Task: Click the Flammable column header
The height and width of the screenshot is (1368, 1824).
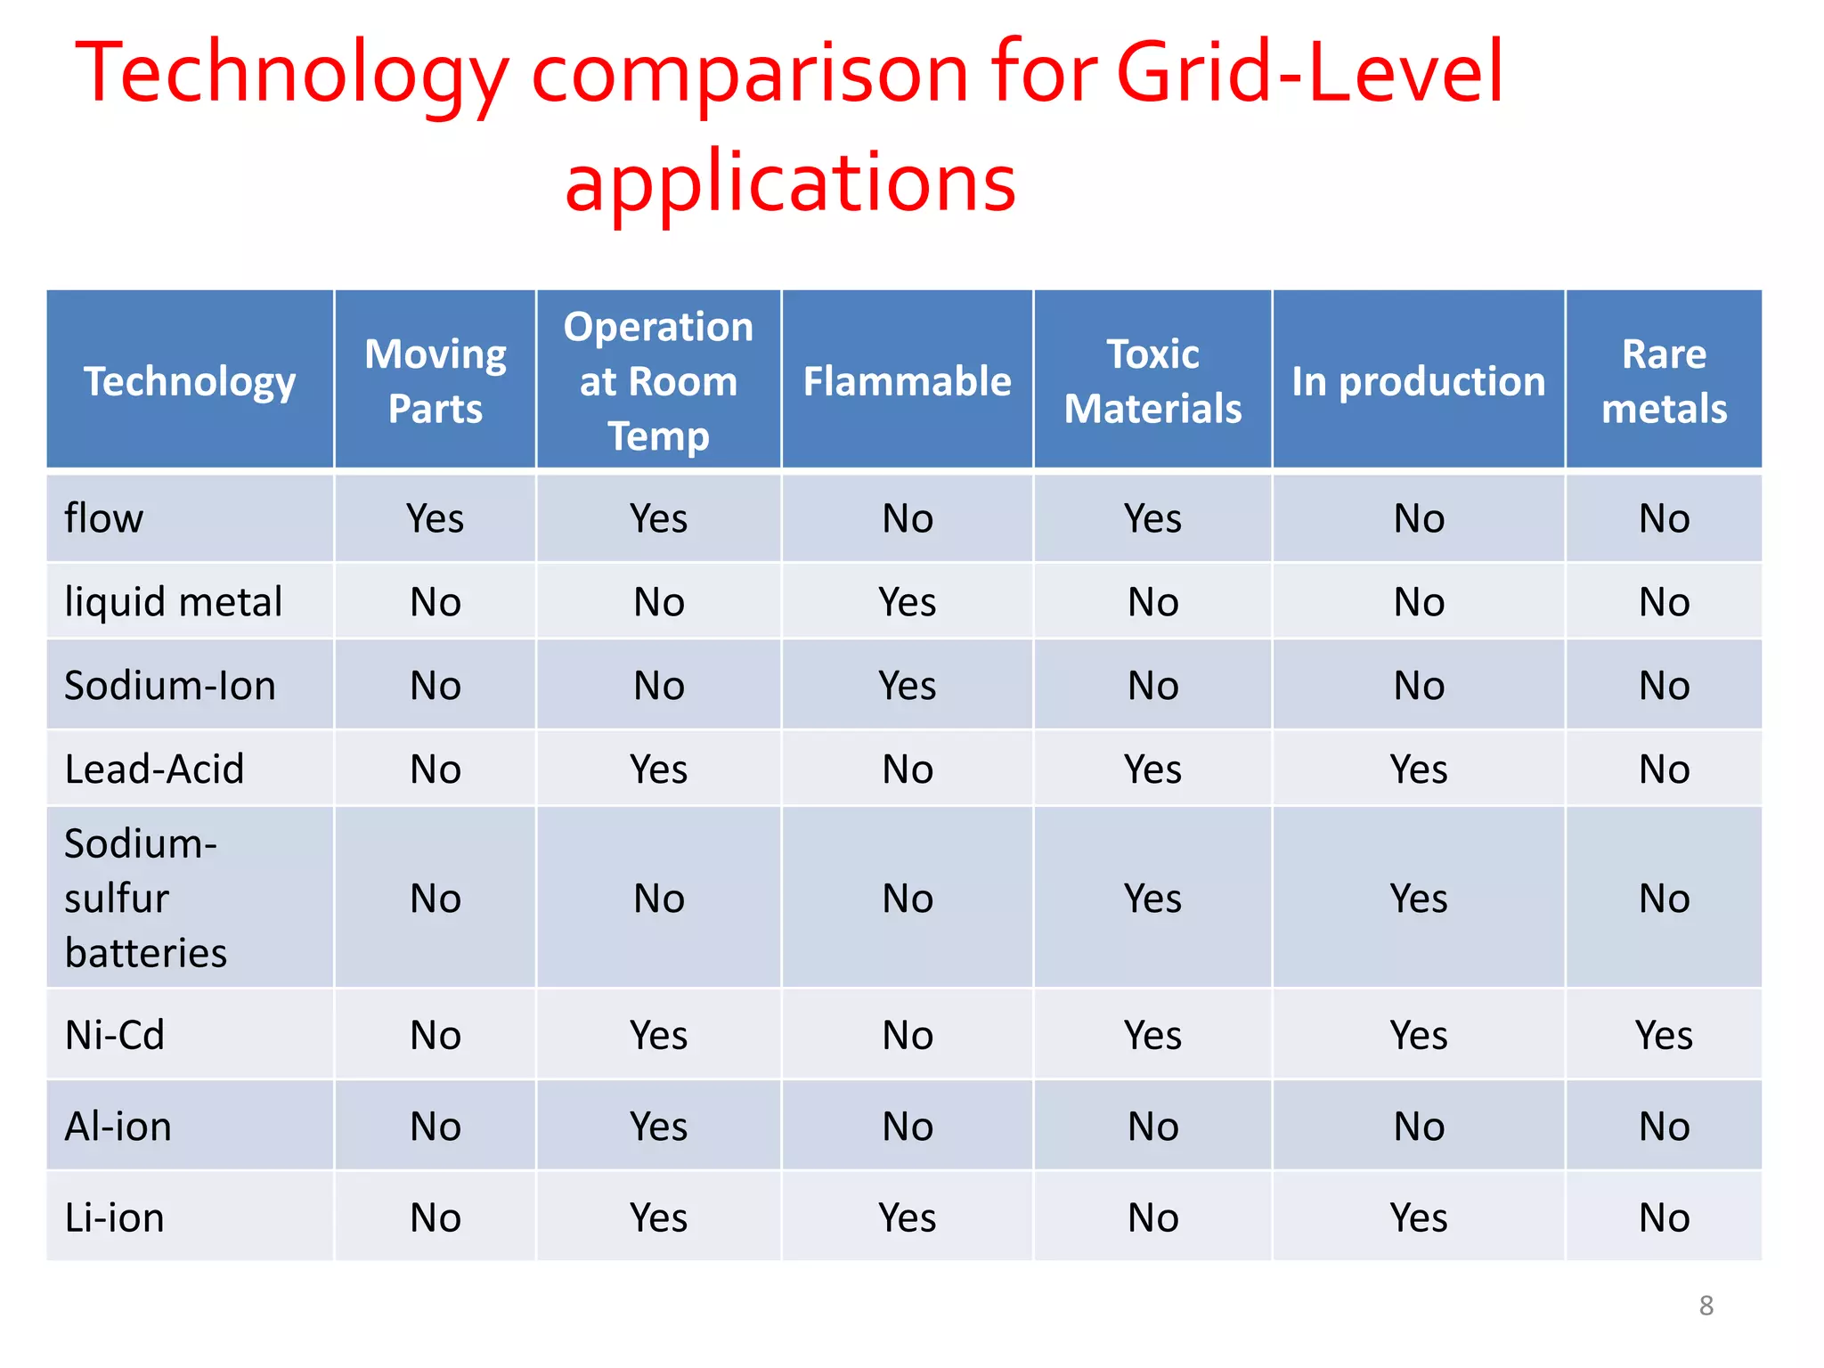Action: click(x=907, y=381)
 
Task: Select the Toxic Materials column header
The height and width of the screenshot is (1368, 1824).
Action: click(x=1152, y=381)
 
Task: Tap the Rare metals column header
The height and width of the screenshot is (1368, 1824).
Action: click(x=1664, y=381)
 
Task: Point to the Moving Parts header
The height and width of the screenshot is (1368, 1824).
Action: click(x=436, y=381)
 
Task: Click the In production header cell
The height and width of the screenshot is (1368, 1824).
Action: click(x=1419, y=381)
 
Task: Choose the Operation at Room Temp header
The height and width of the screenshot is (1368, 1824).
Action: click(x=659, y=381)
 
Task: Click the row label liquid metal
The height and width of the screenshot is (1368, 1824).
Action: click(x=174, y=602)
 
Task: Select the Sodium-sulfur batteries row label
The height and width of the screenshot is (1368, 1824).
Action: click(x=145, y=898)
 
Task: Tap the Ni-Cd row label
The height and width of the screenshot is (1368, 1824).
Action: click(x=115, y=1035)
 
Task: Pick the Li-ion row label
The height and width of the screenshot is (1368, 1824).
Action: click(x=115, y=1217)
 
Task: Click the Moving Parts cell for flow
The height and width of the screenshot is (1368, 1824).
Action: click(x=436, y=518)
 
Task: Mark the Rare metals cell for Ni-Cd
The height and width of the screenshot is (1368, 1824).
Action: click(x=1664, y=1035)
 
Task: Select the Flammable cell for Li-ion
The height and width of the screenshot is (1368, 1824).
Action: click(x=907, y=1217)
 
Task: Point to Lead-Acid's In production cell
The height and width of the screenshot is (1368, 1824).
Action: click(x=1419, y=769)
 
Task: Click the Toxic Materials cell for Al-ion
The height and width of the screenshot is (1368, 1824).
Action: click(x=1152, y=1127)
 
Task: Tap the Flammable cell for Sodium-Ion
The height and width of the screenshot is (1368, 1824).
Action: click(x=907, y=686)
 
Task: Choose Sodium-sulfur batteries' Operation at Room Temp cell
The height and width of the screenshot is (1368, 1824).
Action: click(x=659, y=899)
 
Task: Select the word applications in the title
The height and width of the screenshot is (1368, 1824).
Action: click(x=790, y=183)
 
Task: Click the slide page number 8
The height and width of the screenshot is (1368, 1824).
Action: click(x=1706, y=1306)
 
